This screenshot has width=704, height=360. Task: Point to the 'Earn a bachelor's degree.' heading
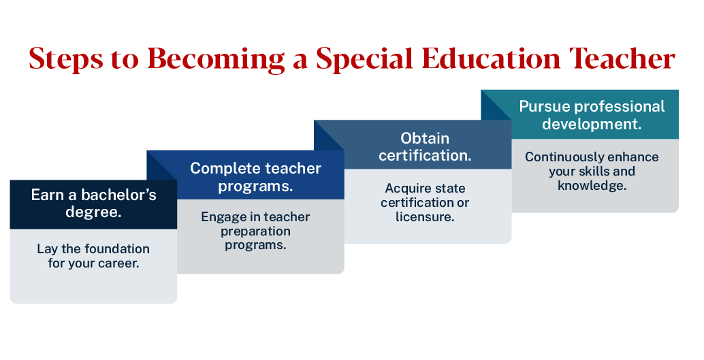93,203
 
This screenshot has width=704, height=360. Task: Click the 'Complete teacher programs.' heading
255,177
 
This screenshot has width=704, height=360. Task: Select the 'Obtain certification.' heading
425,146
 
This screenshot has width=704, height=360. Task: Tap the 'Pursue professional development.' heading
592,116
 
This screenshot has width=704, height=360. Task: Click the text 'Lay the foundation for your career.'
93,256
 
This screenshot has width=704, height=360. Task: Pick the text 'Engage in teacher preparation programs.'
255,231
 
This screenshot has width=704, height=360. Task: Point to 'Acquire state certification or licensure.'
425,203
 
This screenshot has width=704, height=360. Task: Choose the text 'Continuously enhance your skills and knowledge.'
592,171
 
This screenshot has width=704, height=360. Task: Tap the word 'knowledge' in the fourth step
590,185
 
